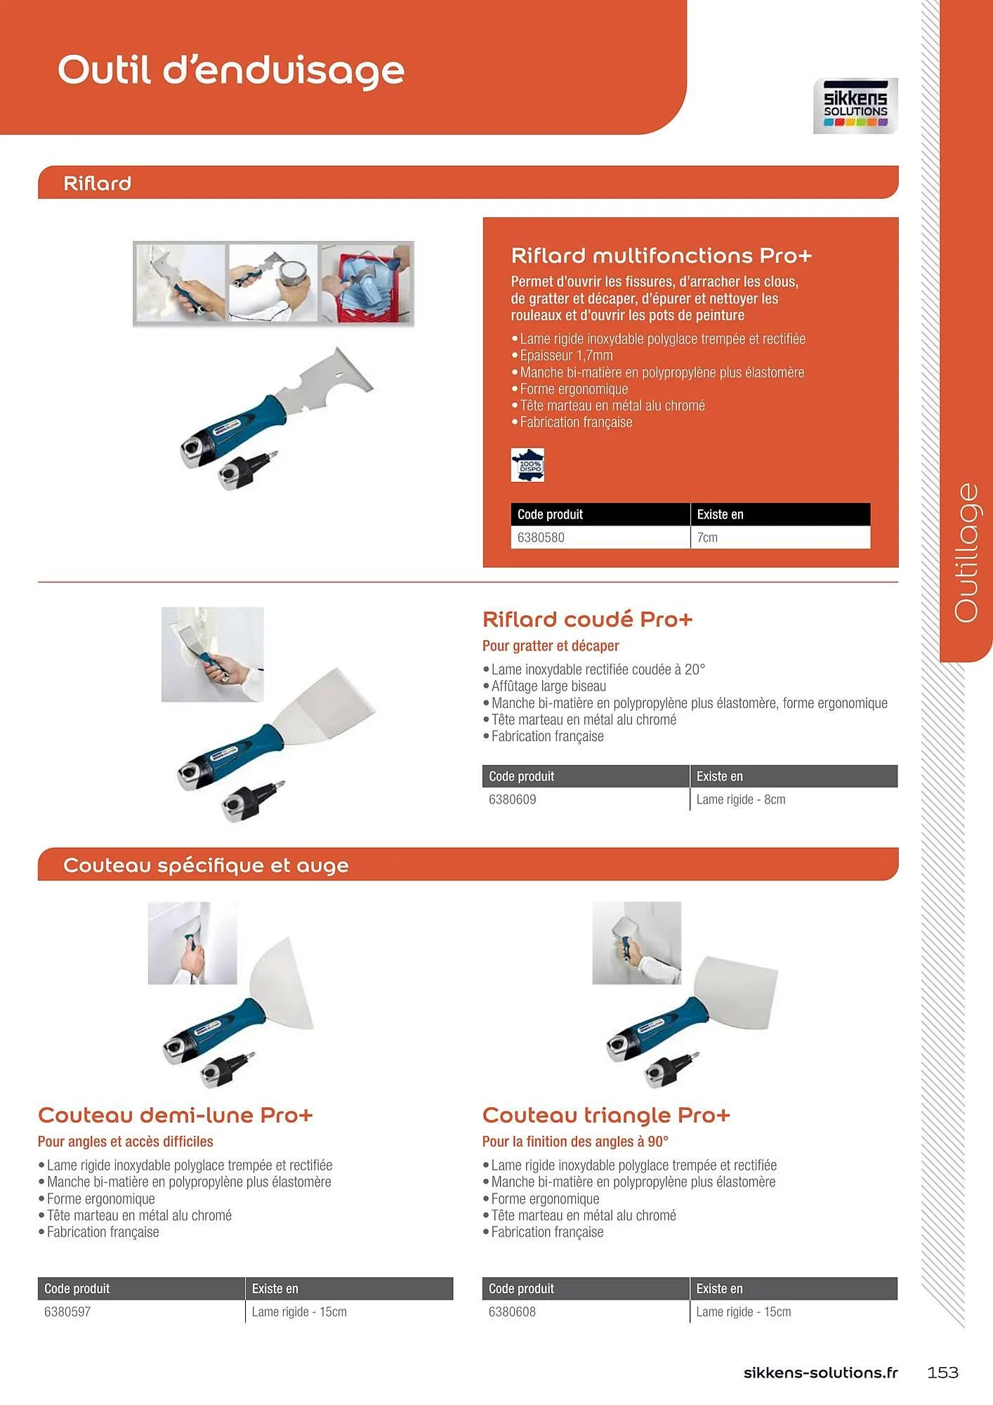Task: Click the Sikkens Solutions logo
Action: coord(855,106)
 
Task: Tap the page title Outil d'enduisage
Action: coord(231,70)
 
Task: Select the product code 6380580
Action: coord(541,537)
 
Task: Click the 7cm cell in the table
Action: coord(707,537)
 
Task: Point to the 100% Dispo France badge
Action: coord(527,465)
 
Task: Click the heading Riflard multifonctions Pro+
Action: coord(661,255)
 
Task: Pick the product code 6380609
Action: coord(512,799)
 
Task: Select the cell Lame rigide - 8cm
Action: coord(740,799)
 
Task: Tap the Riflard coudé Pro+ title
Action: coord(587,620)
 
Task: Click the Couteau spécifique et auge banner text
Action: coord(206,865)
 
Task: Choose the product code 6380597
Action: coord(67,1312)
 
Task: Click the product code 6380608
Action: coord(512,1312)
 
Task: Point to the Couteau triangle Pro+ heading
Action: coord(606,1115)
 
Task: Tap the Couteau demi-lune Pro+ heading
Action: coord(175,1115)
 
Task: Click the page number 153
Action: coord(942,1372)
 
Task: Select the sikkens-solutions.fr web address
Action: coord(820,1372)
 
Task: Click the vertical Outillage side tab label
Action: coord(966,552)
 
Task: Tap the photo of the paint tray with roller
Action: coord(367,283)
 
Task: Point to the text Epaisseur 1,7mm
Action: coord(566,355)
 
